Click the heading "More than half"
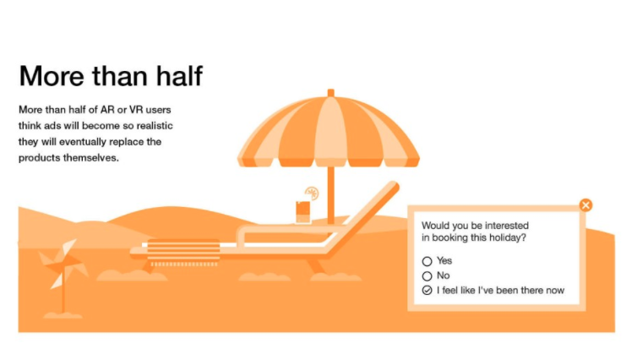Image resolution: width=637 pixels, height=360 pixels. coord(111,76)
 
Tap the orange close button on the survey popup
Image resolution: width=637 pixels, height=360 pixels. coord(585,205)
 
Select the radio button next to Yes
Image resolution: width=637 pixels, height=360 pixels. coord(427,261)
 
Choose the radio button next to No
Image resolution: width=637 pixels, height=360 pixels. coord(427,276)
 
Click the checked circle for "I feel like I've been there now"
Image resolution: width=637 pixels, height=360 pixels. coord(427,290)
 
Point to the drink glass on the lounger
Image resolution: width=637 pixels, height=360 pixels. coord(302,212)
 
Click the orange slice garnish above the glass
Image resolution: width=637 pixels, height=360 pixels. coord(312,193)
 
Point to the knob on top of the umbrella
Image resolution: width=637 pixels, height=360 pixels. coord(330,93)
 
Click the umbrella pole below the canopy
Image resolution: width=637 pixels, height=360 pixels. coord(330,194)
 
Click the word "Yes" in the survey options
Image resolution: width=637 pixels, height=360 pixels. coord(444,260)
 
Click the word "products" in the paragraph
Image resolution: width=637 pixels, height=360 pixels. coord(38,158)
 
